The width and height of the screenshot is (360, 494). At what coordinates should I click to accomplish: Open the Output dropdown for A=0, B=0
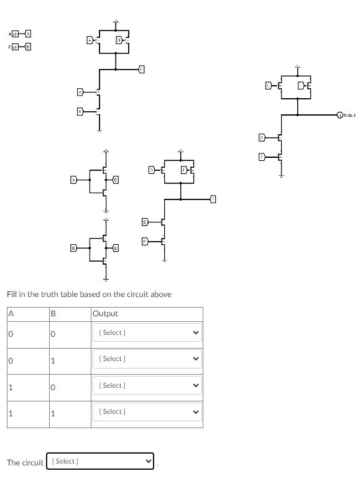tap(147, 332)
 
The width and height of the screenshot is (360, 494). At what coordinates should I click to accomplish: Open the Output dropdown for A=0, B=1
tap(147, 359)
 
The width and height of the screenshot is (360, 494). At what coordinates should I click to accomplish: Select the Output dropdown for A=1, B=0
tap(147, 385)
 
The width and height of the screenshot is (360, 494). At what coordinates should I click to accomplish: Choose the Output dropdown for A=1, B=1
tap(147, 411)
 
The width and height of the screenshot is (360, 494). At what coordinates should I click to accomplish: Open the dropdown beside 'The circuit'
tap(100, 461)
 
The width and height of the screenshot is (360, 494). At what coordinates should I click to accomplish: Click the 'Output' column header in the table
tap(105, 314)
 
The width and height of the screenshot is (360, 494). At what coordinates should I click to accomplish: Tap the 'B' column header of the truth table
tap(53, 314)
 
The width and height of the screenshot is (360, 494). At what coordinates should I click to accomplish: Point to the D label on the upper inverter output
tap(116, 180)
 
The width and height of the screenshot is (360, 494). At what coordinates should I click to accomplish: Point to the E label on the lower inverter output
tap(116, 248)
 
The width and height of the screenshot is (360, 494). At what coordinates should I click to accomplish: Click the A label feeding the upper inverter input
tap(73, 180)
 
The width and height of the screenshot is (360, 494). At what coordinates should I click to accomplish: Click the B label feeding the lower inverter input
tap(73, 248)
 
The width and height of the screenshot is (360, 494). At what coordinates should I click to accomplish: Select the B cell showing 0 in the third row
tap(53, 385)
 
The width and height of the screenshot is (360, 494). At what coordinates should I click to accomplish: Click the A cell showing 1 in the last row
tap(11, 411)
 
